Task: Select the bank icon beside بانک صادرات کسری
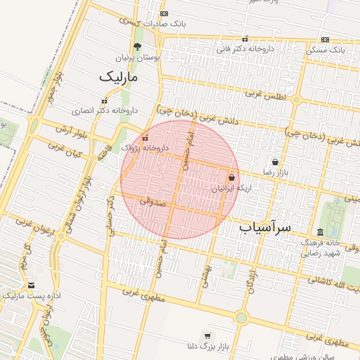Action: (164, 13)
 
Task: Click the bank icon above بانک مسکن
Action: (325, 39)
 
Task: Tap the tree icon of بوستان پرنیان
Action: (136, 46)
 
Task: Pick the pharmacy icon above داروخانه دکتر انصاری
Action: (105, 100)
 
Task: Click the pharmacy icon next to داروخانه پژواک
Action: (146, 138)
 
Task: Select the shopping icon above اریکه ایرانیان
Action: (232, 178)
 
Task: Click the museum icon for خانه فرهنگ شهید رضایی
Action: (320, 232)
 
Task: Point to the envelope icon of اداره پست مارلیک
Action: (31, 285)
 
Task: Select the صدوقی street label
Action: (151, 201)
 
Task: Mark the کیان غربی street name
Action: (66, 148)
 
